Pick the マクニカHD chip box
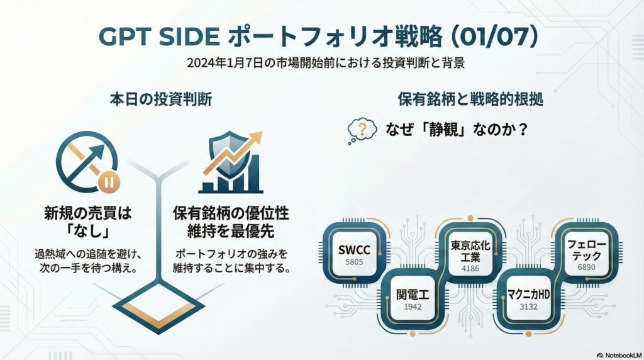(x=525, y=299)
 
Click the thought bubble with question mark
(x=362, y=130)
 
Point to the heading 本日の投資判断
(x=160, y=99)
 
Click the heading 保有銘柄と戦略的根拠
(x=470, y=99)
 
